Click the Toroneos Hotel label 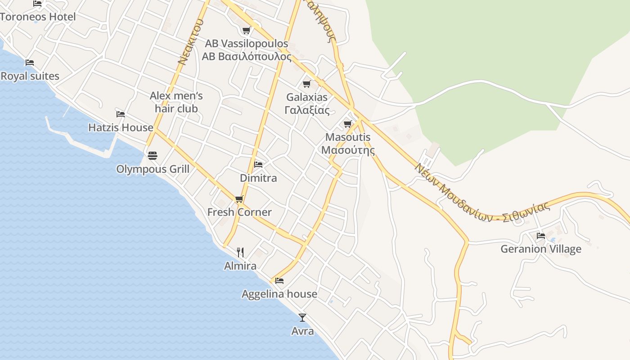tap(38, 17)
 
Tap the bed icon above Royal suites tap(30, 62)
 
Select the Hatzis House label tap(121, 128)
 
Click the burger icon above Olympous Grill tap(153, 156)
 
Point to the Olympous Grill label tap(153, 169)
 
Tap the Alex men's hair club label tap(176, 102)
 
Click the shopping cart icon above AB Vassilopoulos tap(246, 31)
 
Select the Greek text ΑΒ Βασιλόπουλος tap(246, 57)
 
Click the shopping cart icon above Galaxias tap(307, 84)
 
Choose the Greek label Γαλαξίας tap(307, 110)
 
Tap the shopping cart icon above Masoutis tap(347, 124)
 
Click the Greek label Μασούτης tap(348, 150)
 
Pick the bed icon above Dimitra tap(258, 164)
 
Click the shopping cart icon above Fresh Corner tap(239, 199)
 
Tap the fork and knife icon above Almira tap(240, 252)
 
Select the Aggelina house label tap(279, 294)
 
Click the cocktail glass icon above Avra tap(302, 318)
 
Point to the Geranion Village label tap(541, 249)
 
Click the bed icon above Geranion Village tap(541, 235)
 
